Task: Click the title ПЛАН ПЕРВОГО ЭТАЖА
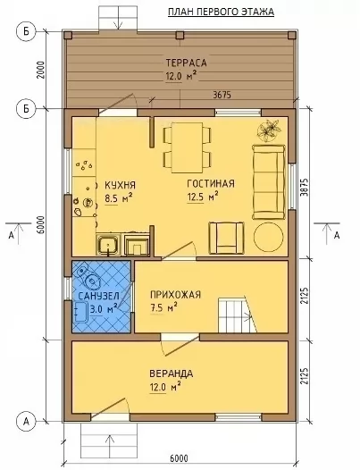pos(221,12)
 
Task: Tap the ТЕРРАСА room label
pos(186,63)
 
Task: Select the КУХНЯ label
pos(120,185)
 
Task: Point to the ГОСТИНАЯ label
pos(211,183)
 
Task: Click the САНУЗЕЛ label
pos(98,296)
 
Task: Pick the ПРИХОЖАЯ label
pos(175,295)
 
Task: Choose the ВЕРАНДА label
pos(172,373)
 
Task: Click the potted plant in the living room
pos(270,130)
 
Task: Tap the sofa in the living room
pos(269,181)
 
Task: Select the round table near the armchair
pos(268,237)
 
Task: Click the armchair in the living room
pos(227,238)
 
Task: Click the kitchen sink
pos(108,245)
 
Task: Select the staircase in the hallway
pos(238,315)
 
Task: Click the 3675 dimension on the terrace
pos(222,95)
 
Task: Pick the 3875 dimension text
pos(304,189)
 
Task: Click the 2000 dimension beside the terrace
pos(41,70)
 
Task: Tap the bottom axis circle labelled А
pos(27,422)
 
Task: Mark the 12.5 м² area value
pos(202,197)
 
